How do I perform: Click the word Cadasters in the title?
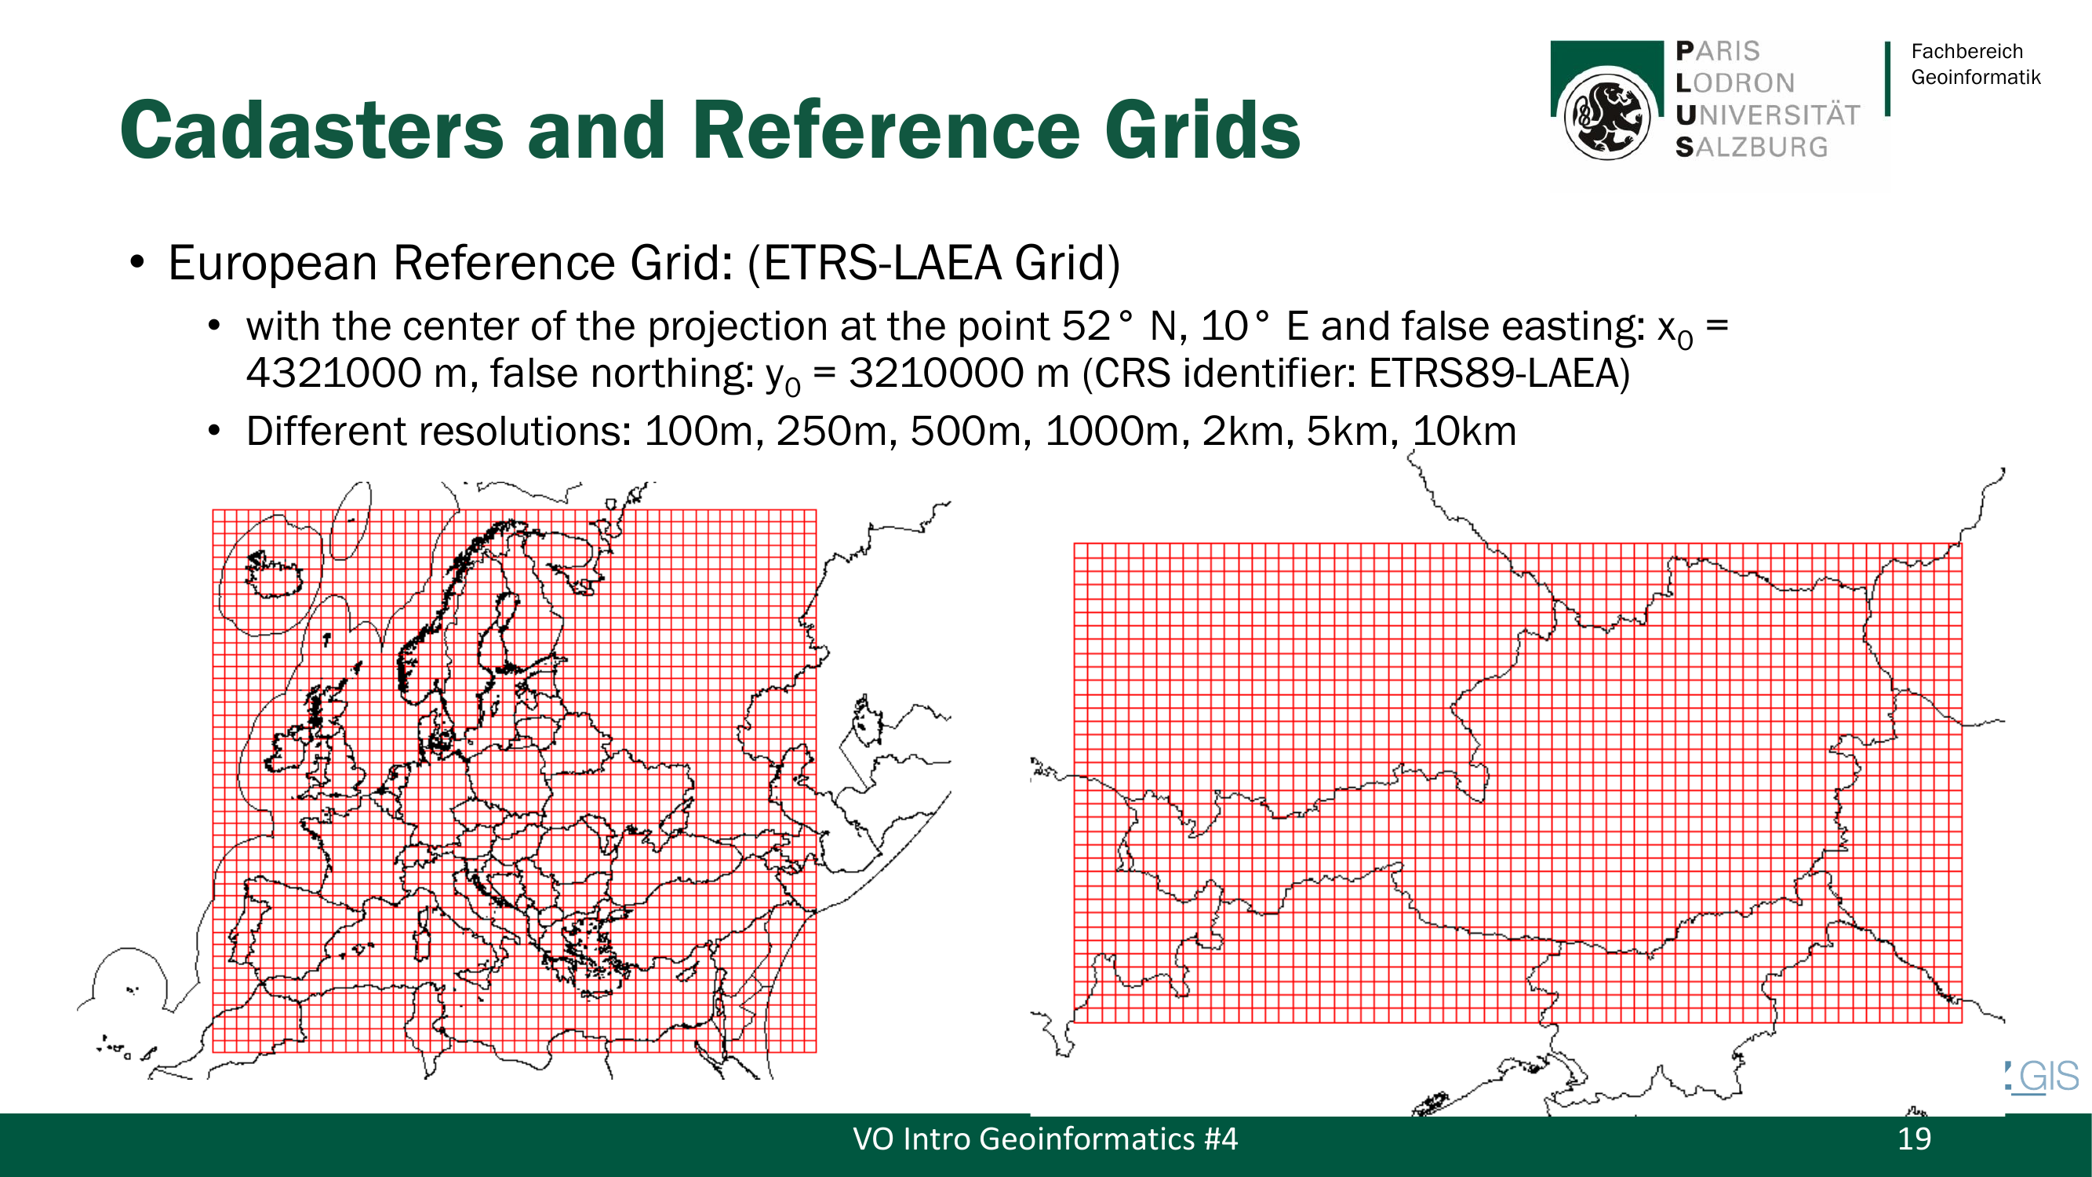(313, 130)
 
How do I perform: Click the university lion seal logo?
(1606, 115)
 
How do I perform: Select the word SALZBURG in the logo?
(1751, 147)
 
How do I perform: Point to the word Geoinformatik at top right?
(1975, 77)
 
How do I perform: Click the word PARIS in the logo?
(1718, 51)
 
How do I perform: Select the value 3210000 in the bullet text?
(937, 374)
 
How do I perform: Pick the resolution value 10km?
(1465, 432)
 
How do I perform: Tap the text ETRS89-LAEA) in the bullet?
(1499, 374)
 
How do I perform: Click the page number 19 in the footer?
(1914, 1139)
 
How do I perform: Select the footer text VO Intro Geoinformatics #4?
(1045, 1139)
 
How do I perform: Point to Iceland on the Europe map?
(274, 573)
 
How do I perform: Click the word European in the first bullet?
(273, 263)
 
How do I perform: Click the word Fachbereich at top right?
(1966, 51)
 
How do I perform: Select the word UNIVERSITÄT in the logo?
(1767, 115)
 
